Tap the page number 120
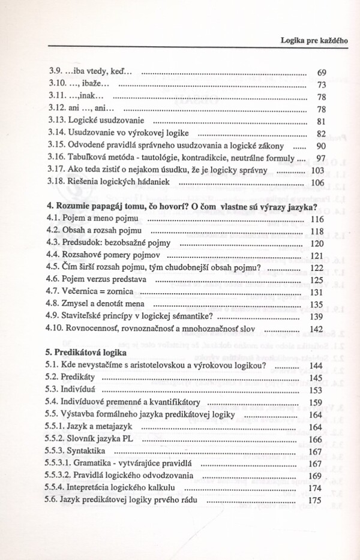(317, 244)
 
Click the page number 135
(317, 305)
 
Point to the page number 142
(317, 329)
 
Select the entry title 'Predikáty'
(81, 378)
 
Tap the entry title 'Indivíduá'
(80, 390)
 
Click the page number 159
(317, 402)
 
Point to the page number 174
(317, 488)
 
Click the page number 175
(317, 500)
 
